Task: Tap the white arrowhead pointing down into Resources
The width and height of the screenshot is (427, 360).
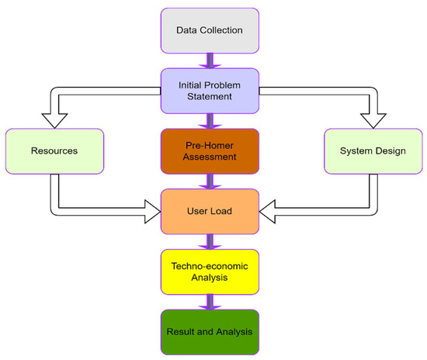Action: (54, 118)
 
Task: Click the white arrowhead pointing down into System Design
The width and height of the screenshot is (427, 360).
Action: (373, 118)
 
